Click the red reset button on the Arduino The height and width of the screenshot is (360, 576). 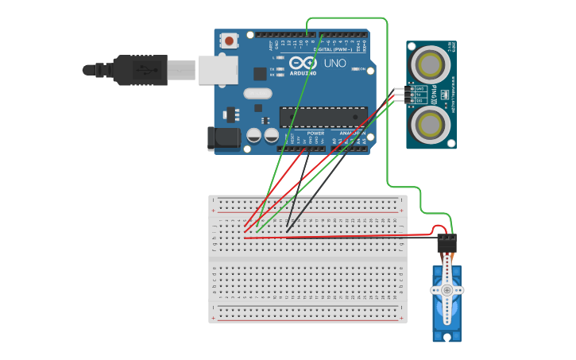(x=230, y=41)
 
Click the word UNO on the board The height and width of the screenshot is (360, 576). (x=335, y=63)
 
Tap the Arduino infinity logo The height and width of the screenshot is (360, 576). (x=303, y=63)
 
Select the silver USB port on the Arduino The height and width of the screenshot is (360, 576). (x=217, y=70)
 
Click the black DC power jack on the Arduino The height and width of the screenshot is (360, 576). (x=223, y=138)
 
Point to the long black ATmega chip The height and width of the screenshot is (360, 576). (x=323, y=117)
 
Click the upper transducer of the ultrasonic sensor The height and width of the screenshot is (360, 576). (x=431, y=61)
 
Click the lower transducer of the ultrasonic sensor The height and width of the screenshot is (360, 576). (x=431, y=123)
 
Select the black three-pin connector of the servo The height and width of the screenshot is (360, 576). (x=447, y=243)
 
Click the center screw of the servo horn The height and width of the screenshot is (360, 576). (x=447, y=291)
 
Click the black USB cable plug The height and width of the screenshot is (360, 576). (x=140, y=70)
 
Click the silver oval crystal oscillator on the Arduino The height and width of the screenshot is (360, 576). (x=258, y=93)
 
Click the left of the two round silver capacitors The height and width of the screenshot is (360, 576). (x=253, y=136)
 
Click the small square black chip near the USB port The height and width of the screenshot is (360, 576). (x=260, y=74)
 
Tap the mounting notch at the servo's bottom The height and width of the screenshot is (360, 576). (x=447, y=337)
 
